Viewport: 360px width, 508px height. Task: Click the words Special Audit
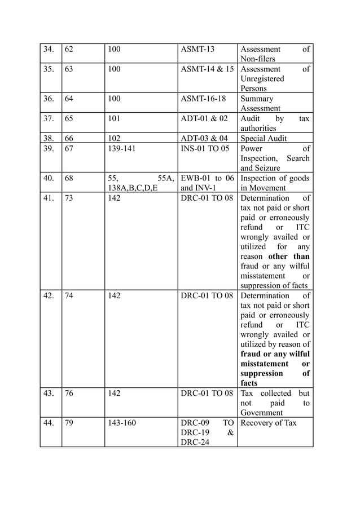pos(264,138)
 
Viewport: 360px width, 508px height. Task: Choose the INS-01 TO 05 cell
pos(205,148)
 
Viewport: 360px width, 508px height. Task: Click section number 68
pos(69,178)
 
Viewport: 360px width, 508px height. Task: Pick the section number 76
pos(69,394)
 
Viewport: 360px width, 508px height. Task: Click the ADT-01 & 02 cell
pos(204,118)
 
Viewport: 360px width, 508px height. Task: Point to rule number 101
pos(114,118)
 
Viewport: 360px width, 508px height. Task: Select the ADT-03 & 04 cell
pos(204,138)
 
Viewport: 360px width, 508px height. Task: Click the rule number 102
pos(114,138)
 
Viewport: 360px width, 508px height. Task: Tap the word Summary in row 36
pos(257,99)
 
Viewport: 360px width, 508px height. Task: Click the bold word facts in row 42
pos(249,383)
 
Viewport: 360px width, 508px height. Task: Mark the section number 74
pos(69,295)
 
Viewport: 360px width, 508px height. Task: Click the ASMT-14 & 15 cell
pos(207,69)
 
